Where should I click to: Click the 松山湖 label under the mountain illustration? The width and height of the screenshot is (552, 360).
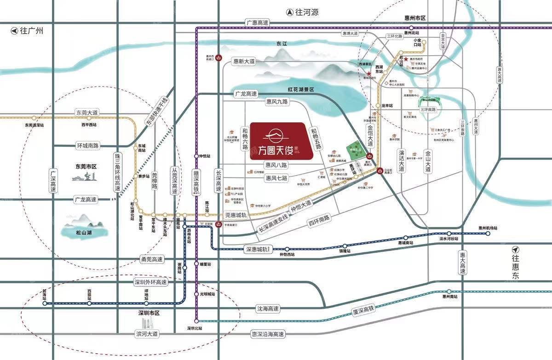pyautogui.click(x=84, y=233)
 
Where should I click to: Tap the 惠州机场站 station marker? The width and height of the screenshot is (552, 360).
pyautogui.click(x=488, y=234)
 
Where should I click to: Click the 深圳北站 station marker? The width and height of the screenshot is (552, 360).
pyautogui.click(x=196, y=320)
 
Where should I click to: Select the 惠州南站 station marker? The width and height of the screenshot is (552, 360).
pyautogui.click(x=449, y=291)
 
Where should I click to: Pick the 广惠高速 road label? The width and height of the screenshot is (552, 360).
pyautogui.click(x=257, y=23)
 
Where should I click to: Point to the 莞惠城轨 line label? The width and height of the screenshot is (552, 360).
pyautogui.click(x=236, y=215)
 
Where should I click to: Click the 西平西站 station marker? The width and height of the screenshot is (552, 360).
pyautogui.click(x=89, y=118)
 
